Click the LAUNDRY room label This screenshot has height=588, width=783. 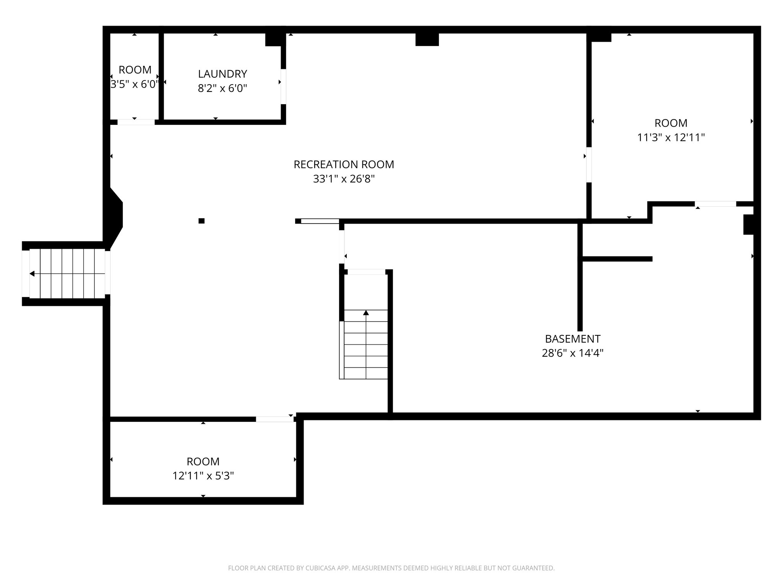[x=222, y=73]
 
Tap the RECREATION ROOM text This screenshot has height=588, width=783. [x=343, y=164]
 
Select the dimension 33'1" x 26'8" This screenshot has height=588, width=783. [x=343, y=179]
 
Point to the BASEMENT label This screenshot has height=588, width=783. [x=572, y=339]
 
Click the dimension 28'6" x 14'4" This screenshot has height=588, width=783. [x=572, y=353]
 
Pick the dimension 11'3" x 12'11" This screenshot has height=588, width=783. [x=671, y=137]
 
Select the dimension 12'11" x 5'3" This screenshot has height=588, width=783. [x=203, y=476]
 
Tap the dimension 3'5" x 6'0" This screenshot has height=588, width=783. [x=134, y=84]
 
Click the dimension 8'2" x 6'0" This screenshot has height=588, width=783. [x=222, y=88]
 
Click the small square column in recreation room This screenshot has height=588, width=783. [x=201, y=220]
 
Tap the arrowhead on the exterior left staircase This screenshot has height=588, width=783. [x=32, y=274]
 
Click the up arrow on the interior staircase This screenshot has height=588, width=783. [x=366, y=313]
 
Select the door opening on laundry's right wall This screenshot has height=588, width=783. [x=283, y=86]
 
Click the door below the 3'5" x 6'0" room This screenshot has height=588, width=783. [x=136, y=122]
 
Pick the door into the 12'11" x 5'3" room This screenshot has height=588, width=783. [x=274, y=419]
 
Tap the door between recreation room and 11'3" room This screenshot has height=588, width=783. [x=589, y=165]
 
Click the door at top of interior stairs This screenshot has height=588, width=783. [x=366, y=272]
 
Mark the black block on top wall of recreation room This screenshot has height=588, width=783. [x=427, y=39]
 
